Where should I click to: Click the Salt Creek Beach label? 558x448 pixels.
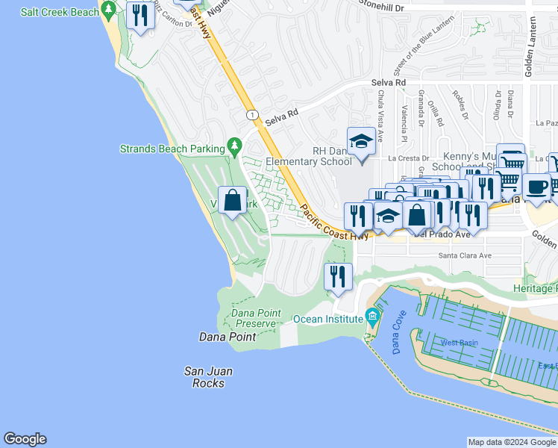click(x=60, y=12)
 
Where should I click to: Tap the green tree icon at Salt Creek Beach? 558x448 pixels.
click(x=109, y=10)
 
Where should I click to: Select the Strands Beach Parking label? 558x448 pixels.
click(x=172, y=149)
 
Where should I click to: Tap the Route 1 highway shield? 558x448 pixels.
click(x=252, y=114)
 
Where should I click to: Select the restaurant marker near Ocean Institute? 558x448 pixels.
click(x=338, y=277)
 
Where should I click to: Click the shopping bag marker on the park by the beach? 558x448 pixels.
click(x=233, y=200)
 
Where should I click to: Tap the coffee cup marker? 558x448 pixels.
click(x=536, y=187)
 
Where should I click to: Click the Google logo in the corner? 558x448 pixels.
click(x=25, y=439)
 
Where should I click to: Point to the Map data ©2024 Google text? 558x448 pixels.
click(x=512, y=442)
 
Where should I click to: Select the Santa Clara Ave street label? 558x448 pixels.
click(x=465, y=255)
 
